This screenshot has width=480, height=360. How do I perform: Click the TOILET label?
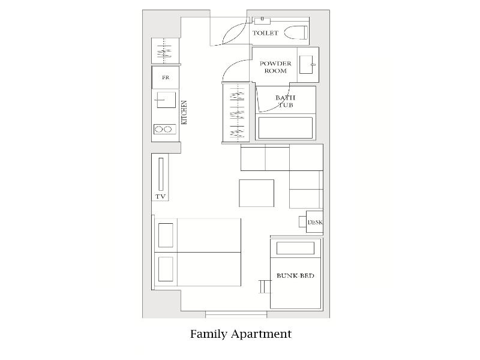[265, 33]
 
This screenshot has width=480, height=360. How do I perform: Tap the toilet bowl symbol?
[296, 33]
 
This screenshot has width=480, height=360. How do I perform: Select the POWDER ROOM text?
[275, 67]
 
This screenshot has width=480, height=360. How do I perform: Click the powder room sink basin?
[306, 65]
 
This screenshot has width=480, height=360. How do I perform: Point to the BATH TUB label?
[286, 101]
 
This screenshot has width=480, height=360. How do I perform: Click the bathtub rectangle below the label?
[286, 128]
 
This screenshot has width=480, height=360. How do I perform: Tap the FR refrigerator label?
[166, 77]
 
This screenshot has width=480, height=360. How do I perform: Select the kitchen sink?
[166, 100]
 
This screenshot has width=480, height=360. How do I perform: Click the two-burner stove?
[164, 129]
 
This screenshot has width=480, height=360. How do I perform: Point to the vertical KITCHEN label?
[184, 112]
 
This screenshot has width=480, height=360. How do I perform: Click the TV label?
[160, 197]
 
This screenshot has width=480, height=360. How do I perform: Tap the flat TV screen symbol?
[161, 174]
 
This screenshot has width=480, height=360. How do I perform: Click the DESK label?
[315, 222]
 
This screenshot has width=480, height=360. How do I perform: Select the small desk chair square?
[303, 221]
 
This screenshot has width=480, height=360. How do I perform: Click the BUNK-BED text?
[295, 276]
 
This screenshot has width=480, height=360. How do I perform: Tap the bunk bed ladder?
[265, 287]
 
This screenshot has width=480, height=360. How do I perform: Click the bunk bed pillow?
[295, 248]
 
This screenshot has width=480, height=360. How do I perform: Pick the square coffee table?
[257, 193]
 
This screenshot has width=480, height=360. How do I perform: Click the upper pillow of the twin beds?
[166, 235]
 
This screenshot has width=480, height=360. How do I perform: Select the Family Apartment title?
[241, 334]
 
